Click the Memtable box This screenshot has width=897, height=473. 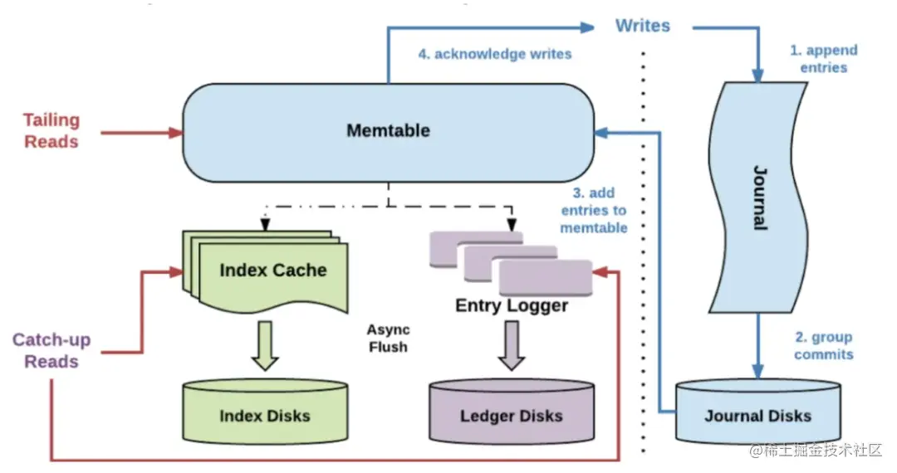[388, 131]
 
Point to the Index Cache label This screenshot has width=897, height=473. [272, 270]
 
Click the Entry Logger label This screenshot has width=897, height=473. [512, 305]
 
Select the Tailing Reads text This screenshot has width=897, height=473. [51, 131]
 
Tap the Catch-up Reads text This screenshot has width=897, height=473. [51, 351]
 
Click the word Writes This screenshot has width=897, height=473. [642, 26]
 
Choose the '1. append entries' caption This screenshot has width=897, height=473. [823, 59]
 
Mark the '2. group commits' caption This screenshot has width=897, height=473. [823, 346]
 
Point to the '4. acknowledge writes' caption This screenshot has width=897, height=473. [494, 54]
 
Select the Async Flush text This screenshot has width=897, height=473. [388, 338]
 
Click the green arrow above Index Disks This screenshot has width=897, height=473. [265, 345]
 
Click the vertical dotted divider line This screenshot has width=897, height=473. [643, 249]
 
